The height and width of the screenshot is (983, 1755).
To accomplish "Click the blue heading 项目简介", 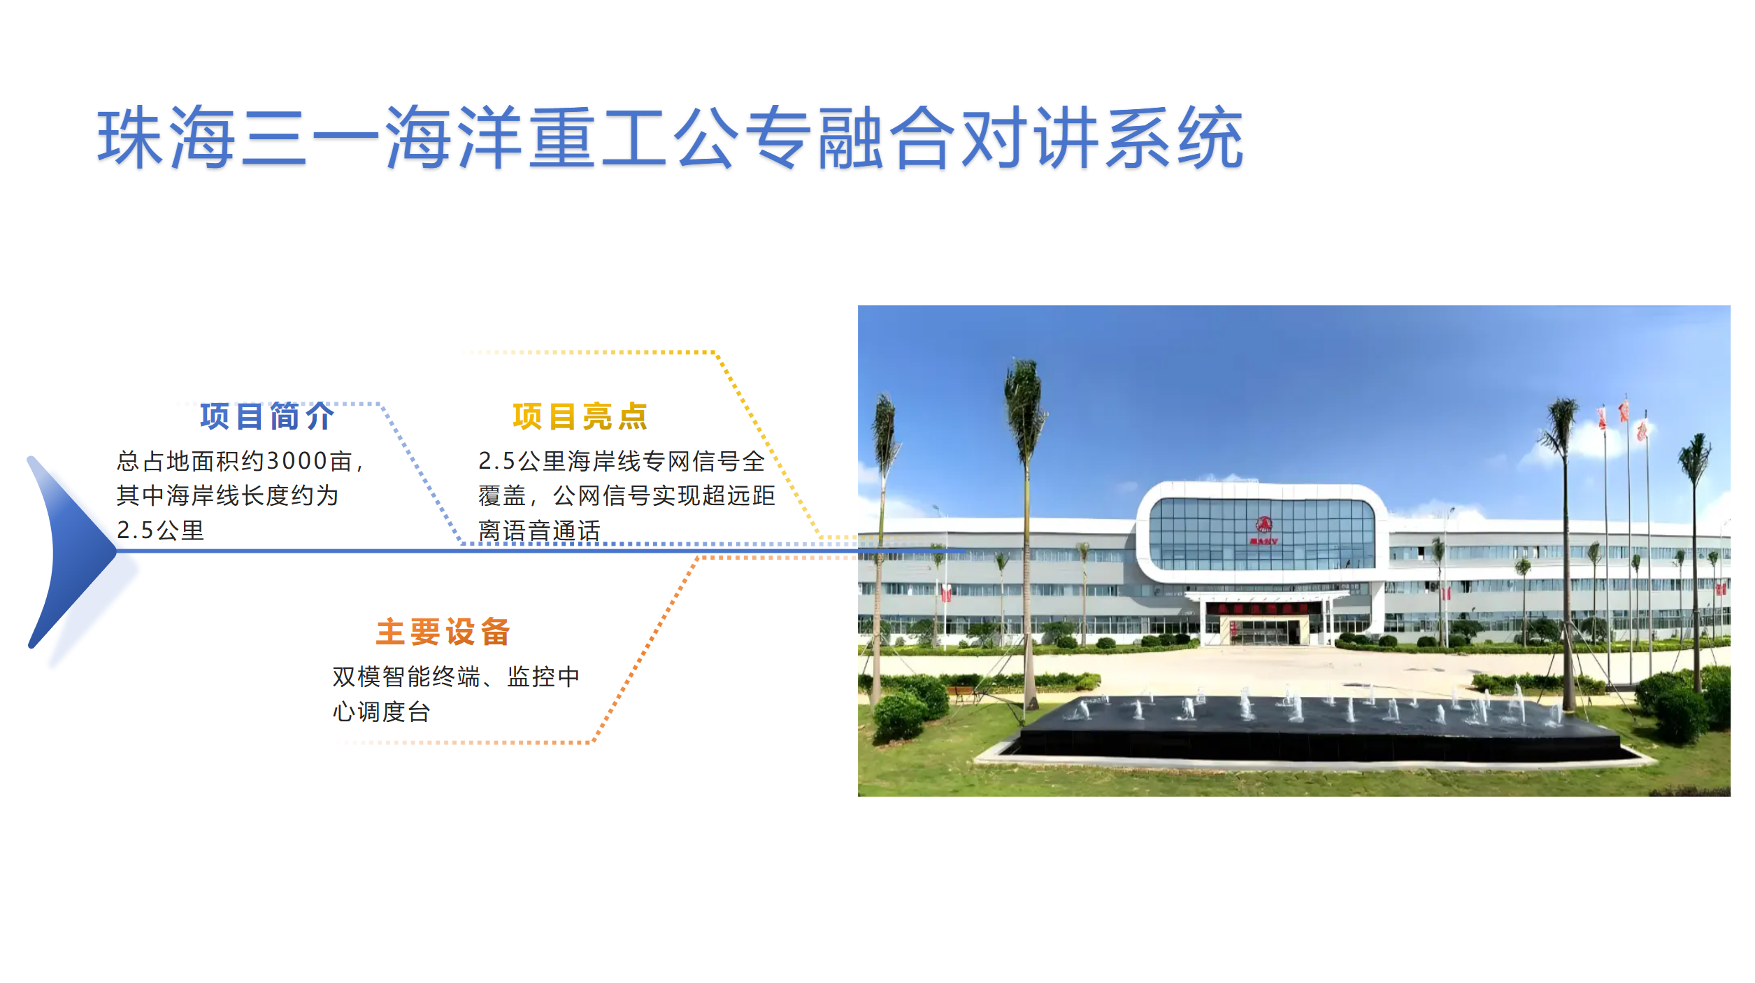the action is (267, 416).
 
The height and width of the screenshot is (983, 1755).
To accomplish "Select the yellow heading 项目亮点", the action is (580, 416).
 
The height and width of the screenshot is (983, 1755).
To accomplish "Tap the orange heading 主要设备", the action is (443, 632).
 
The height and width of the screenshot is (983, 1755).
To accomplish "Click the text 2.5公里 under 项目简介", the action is (160, 530).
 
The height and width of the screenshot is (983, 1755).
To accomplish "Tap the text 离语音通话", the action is (539, 530).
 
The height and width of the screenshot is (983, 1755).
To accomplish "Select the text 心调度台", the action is (381, 712).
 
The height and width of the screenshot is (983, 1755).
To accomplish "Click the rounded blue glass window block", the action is (1262, 533).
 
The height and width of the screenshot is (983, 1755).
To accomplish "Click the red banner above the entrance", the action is (1263, 608).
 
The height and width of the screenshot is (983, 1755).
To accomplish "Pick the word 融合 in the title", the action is (887, 137).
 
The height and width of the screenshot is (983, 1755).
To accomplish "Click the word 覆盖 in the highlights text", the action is (502, 495).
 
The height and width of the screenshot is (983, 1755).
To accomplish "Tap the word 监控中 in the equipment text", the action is (543, 677).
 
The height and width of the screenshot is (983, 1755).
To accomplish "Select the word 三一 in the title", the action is (310, 137).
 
